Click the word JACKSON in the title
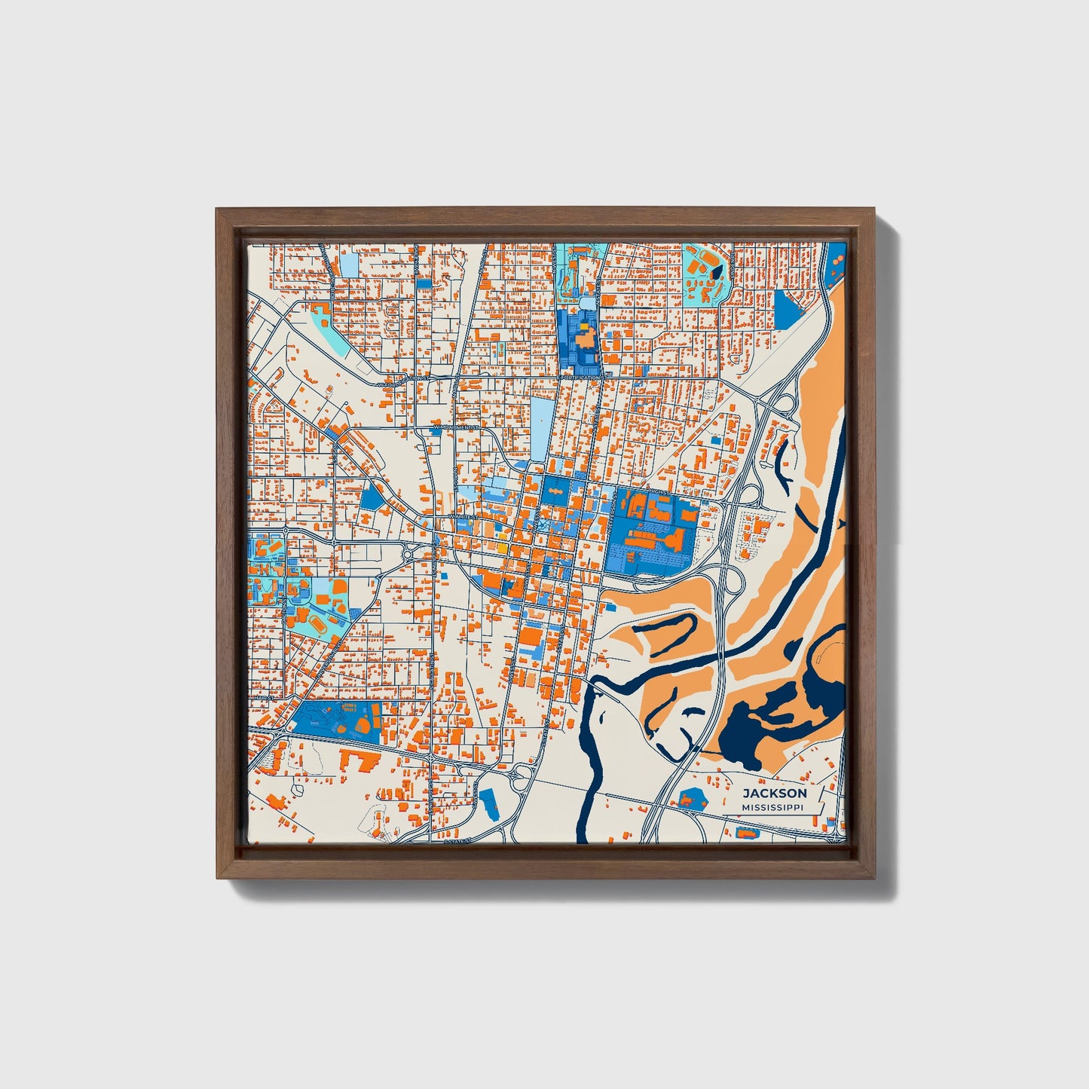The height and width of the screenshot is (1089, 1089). click(774, 794)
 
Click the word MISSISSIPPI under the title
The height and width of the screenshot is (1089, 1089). click(772, 807)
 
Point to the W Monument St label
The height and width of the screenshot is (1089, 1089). click(456, 427)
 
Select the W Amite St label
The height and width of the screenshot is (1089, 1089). click(461, 517)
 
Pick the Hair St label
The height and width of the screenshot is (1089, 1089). click(262, 699)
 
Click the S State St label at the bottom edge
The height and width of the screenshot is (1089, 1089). click(457, 840)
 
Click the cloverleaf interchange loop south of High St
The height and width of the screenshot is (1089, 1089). click(751, 495)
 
